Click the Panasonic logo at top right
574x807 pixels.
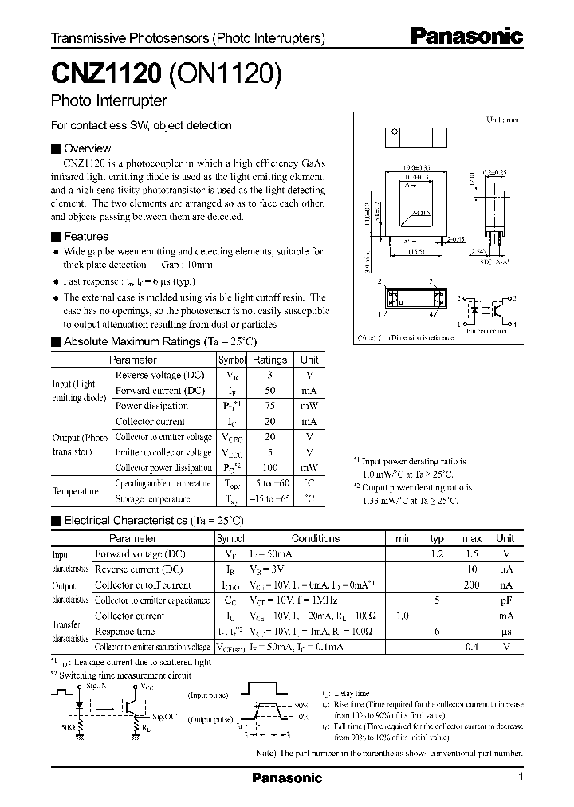tap(466, 36)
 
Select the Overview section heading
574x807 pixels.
tap(87, 148)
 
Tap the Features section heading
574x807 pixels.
tap(85, 236)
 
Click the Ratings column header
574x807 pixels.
tap(269, 360)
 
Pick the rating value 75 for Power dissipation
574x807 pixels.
tap(269, 405)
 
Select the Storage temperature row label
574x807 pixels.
tap(152, 498)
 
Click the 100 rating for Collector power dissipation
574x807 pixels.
tap(269, 468)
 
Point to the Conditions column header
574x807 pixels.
tap(315, 538)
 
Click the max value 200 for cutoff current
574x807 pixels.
tap(471, 585)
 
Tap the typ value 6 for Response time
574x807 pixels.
tap(437, 631)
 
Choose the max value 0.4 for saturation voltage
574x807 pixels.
tap(471, 646)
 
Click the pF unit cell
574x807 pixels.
tap(505, 600)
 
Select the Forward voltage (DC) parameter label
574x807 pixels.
tap(140, 553)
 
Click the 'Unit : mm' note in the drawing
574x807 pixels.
tap(502, 119)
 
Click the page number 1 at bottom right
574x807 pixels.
tap(521, 777)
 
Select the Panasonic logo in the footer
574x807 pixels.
tap(287, 778)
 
